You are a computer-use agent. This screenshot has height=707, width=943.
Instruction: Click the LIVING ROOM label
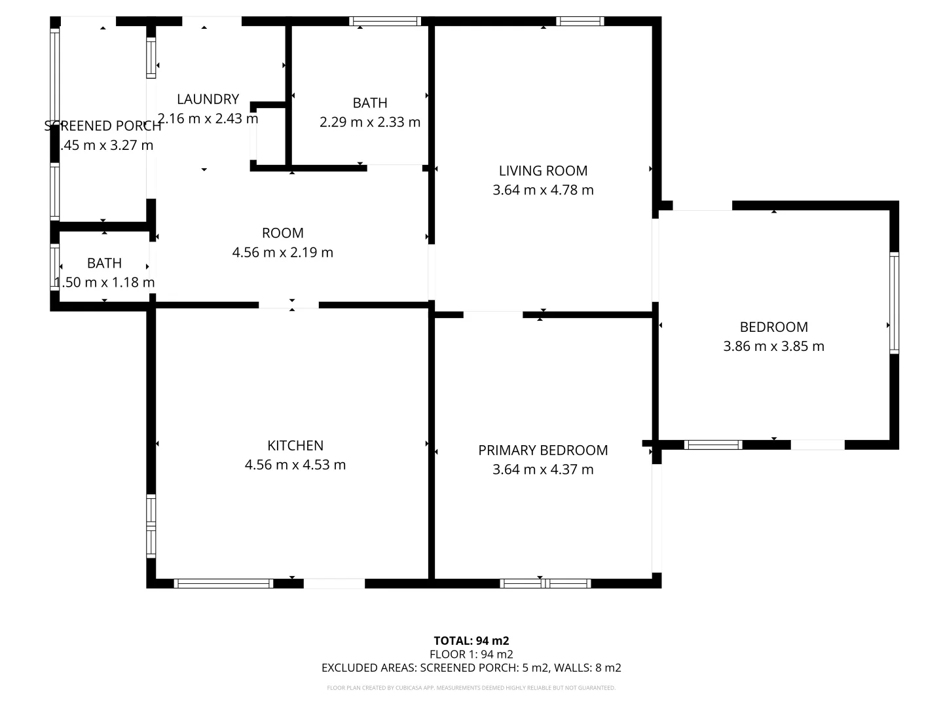[543, 171]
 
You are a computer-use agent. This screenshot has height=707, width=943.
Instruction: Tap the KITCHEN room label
[295, 446]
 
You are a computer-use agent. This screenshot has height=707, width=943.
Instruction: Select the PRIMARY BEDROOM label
[543, 450]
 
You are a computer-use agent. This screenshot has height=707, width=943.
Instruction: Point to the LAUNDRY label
[208, 99]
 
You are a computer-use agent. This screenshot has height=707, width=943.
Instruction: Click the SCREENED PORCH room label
[103, 126]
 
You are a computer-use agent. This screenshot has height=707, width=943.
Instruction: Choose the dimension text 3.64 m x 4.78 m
[543, 190]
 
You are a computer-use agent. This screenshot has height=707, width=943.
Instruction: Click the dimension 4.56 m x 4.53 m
[295, 465]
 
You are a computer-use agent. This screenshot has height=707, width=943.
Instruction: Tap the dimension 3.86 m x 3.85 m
[773, 346]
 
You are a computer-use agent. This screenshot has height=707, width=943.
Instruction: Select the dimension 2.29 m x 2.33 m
[370, 122]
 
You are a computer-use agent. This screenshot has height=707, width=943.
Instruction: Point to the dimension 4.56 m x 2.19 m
[282, 252]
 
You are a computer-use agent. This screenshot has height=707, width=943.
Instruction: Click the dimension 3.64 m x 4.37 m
[543, 469]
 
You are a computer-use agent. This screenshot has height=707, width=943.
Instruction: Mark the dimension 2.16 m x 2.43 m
[208, 118]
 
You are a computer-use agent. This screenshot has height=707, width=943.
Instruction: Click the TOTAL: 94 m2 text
[471, 641]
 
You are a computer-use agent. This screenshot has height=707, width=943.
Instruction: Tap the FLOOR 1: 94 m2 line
[471, 654]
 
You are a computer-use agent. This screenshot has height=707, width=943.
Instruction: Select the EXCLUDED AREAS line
[471, 668]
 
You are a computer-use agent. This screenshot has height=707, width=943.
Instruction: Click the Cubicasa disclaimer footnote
[471, 688]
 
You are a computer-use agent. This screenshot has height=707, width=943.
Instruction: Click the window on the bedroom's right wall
[894, 303]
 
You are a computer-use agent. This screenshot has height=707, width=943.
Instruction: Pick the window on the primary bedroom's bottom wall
[545, 583]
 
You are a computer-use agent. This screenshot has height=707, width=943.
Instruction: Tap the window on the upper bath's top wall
[386, 21]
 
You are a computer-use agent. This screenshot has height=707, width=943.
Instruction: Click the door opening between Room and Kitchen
[288, 305]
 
